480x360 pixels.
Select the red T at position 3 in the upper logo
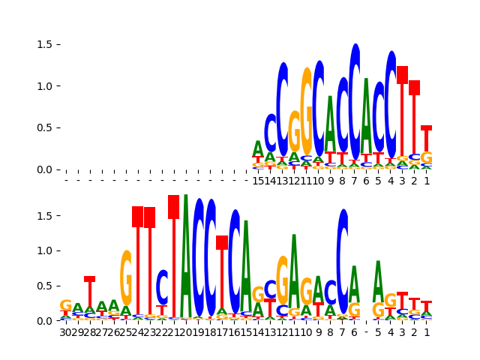pyautogui.click(x=403, y=112)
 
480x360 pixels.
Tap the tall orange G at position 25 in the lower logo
pyautogui.click(x=126, y=277)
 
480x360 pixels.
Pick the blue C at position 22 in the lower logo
pyautogui.click(x=162, y=287)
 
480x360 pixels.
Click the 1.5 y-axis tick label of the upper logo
pyautogui.click(x=43, y=45)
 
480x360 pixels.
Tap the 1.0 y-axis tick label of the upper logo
pyautogui.click(x=43, y=86)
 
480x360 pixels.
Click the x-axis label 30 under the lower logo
pyautogui.click(x=66, y=332)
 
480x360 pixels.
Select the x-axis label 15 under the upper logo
pyautogui.click(x=258, y=181)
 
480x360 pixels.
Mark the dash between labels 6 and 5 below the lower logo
pyautogui.click(x=367, y=332)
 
